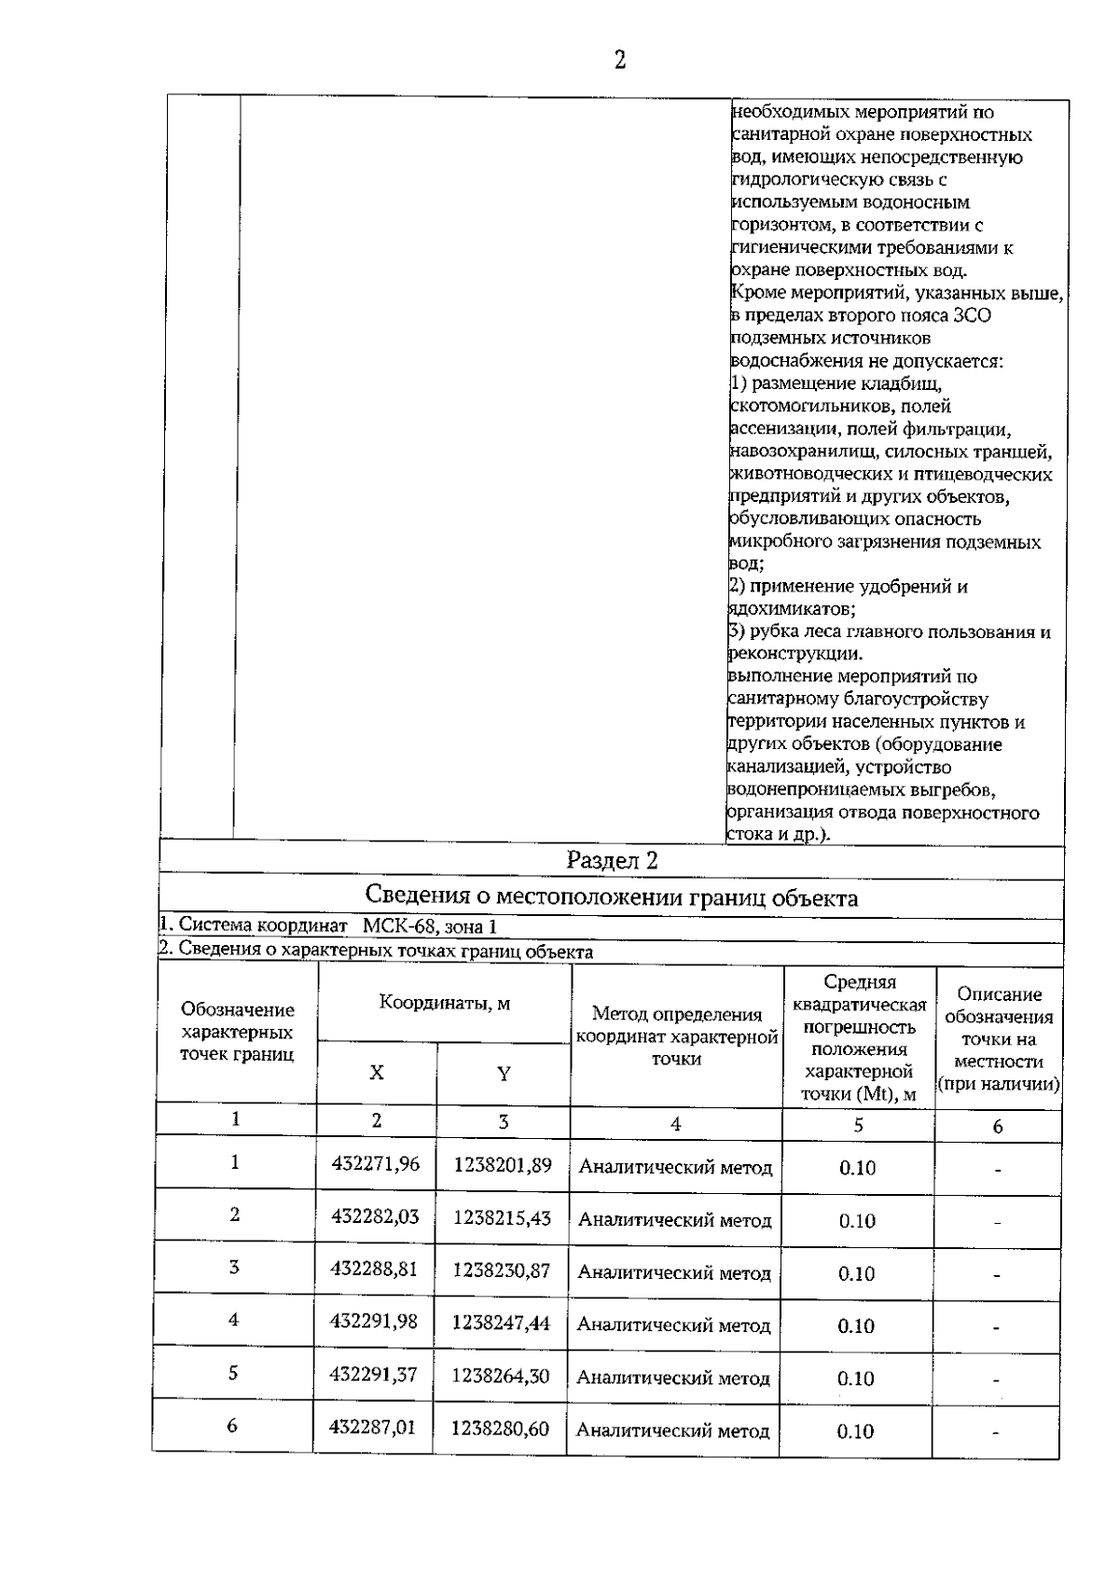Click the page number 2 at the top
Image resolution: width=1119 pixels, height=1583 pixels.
(x=619, y=62)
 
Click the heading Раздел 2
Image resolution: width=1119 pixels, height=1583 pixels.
(x=612, y=861)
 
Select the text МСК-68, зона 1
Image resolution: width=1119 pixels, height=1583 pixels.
(x=429, y=926)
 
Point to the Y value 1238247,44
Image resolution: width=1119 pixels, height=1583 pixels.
(x=501, y=1323)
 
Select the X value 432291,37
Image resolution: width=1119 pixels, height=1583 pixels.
(x=374, y=1375)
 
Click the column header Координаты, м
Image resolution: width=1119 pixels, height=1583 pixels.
(x=444, y=1004)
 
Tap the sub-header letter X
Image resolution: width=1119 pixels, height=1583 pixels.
(x=376, y=1073)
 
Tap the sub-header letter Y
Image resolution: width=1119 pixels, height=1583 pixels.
(x=504, y=1074)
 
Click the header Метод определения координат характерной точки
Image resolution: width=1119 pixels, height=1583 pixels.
(x=677, y=1036)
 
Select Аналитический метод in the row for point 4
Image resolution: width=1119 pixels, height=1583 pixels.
(x=673, y=1325)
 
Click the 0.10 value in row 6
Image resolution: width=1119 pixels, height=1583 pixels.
(x=855, y=1431)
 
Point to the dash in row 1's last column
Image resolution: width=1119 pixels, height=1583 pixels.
(x=997, y=1169)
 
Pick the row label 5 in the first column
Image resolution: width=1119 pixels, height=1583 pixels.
(x=233, y=1373)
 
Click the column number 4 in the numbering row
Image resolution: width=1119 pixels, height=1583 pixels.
(x=675, y=1125)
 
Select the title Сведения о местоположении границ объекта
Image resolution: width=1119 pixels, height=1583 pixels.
(x=611, y=897)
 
